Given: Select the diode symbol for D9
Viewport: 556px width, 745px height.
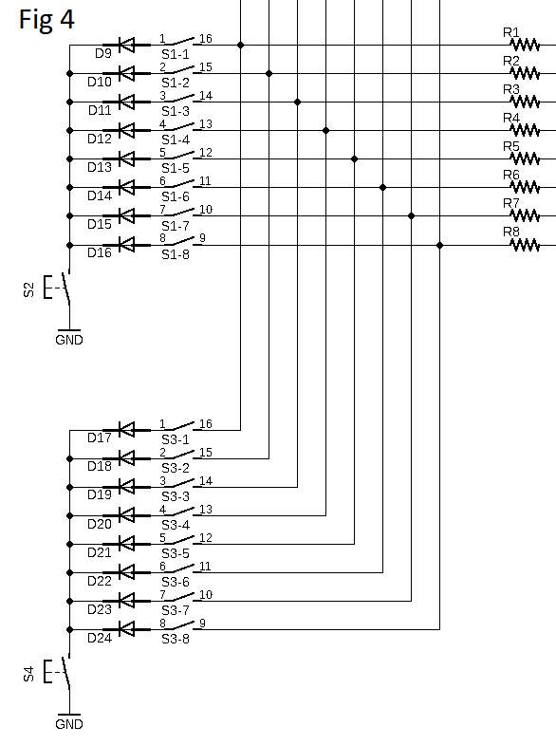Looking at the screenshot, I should (x=124, y=44).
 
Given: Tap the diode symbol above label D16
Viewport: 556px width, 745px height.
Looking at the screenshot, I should (x=124, y=244).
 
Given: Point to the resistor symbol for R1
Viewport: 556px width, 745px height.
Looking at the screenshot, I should (x=525, y=44).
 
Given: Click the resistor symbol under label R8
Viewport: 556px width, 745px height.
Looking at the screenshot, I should (x=525, y=244).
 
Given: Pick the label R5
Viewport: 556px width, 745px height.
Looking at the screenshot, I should (x=511, y=147).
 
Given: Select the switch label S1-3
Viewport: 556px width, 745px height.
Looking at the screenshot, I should (x=175, y=111).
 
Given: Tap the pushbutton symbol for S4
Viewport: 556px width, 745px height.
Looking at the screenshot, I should (x=65, y=673).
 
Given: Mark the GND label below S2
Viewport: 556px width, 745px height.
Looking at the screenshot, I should (x=68, y=340).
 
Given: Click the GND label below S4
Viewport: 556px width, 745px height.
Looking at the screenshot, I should (x=68, y=724).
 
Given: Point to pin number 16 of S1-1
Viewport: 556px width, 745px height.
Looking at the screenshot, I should (x=206, y=38).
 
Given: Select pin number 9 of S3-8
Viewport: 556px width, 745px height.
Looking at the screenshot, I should (x=202, y=623).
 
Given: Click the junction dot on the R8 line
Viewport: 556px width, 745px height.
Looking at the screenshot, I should (x=439, y=244).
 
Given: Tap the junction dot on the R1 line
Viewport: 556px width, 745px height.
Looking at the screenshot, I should (x=240, y=45).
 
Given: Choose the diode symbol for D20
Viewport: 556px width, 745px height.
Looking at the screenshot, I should (x=124, y=514).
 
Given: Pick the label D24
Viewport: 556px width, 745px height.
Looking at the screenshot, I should (x=100, y=638).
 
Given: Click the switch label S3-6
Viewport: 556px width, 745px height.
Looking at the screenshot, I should (x=175, y=582).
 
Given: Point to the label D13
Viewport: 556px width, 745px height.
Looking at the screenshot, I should (x=100, y=168).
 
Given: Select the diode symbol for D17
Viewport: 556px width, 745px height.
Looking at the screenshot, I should (x=124, y=429).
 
